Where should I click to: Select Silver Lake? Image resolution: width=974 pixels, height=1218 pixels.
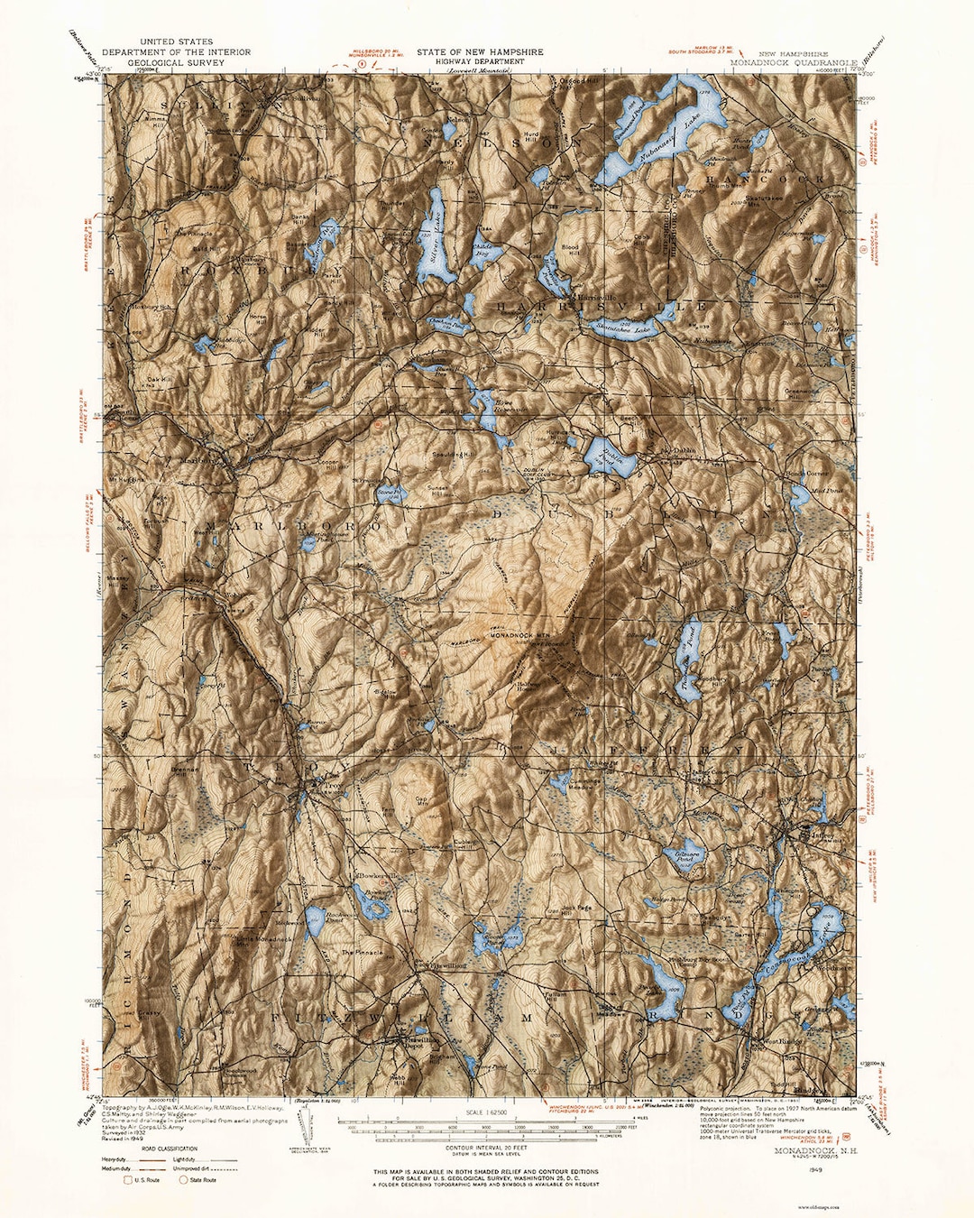point(434,240)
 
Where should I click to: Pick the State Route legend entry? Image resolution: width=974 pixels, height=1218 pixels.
point(202,1180)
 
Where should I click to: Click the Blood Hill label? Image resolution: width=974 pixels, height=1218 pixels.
point(570,246)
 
